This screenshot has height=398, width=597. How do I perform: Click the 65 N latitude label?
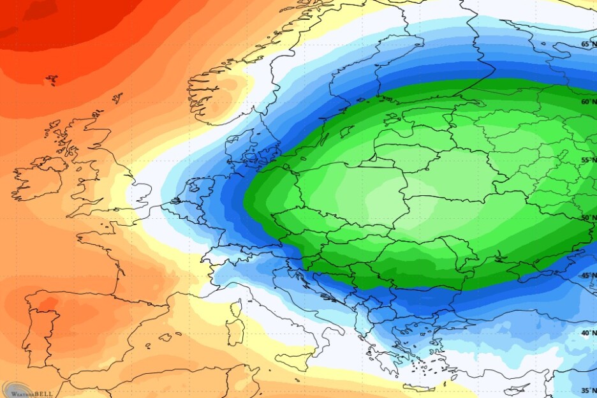coord(587,44)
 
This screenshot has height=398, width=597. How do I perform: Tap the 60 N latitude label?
coord(587,101)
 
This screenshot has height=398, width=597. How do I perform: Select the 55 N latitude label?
coord(587,161)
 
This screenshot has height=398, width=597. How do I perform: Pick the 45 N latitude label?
coord(587,276)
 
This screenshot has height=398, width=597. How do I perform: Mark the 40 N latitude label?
coord(587,333)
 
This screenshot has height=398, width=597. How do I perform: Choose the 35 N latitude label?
coord(587,390)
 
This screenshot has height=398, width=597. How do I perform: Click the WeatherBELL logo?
coord(27,390)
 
